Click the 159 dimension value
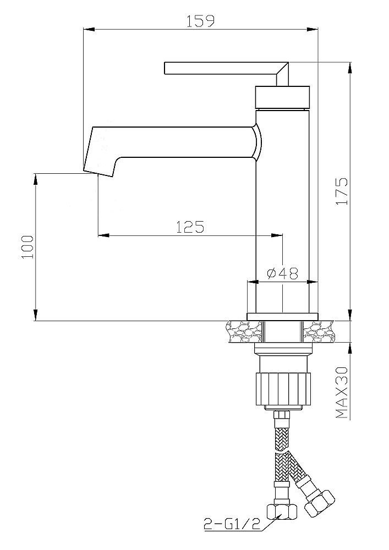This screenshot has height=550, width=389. (x=200, y=20)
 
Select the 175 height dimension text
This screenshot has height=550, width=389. (x=342, y=191)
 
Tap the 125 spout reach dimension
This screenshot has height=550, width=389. (x=190, y=227)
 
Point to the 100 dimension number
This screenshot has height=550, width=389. (x=28, y=247)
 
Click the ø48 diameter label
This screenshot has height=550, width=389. (x=282, y=273)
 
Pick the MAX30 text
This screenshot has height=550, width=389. (x=342, y=393)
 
